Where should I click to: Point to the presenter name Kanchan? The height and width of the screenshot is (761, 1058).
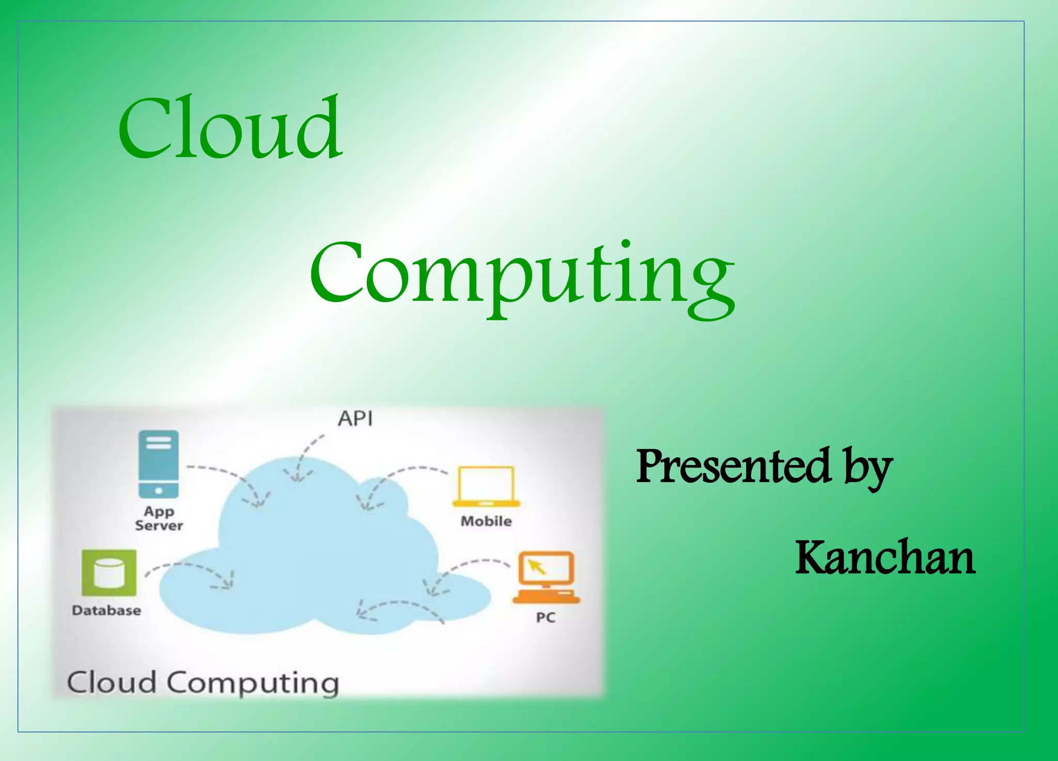pyautogui.click(x=884, y=557)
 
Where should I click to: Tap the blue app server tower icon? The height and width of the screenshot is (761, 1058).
pyautogui.click(x=159, y=464)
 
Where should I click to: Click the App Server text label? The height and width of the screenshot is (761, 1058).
pyautogui.click(x=159, y=518)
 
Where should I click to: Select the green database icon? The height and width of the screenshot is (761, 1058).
pyautogui.click(x=109, y=572)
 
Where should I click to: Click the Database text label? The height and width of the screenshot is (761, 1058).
pyautogui.click(x=106, y=611)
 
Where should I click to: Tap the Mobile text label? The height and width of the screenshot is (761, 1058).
pyautogui.click(x=486, y=521)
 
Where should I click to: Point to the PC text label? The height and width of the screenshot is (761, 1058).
pyautogui.click(x=546, y=618)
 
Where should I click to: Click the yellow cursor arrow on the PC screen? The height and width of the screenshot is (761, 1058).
pyautogui.click(x=537, y=567)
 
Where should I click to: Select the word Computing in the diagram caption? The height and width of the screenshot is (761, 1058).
pyautogui.click(x=253, y=684)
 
